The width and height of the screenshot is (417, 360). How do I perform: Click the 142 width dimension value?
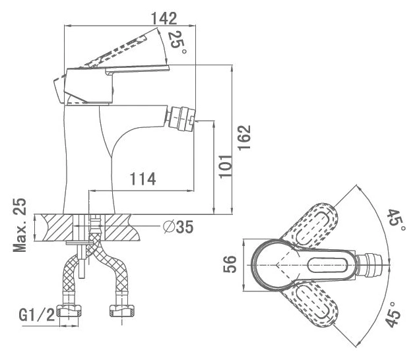pos(164,18)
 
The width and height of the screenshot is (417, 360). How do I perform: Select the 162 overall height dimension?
pos(244,137)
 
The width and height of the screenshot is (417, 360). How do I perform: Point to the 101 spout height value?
pos(225,166)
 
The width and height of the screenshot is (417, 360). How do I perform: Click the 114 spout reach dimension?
pos(143,179)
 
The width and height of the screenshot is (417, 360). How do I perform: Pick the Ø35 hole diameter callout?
pos(178,227)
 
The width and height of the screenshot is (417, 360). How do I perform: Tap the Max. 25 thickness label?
pos(20,225)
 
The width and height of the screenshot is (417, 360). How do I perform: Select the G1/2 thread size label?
pos(37,315)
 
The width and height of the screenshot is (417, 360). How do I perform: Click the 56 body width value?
pos(230,264)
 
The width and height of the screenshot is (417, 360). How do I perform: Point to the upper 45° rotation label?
pos(396,221)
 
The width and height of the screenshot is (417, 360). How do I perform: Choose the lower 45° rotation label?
pos(394,314)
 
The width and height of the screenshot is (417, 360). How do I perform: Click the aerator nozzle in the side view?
pos(181,119)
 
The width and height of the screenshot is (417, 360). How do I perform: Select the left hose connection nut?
pos(70,311)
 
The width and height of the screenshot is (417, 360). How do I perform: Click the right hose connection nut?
pos(122,311)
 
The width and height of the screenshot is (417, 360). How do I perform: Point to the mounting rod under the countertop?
pos(82,262)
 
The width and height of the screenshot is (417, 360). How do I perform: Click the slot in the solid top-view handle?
pos(328,265)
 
